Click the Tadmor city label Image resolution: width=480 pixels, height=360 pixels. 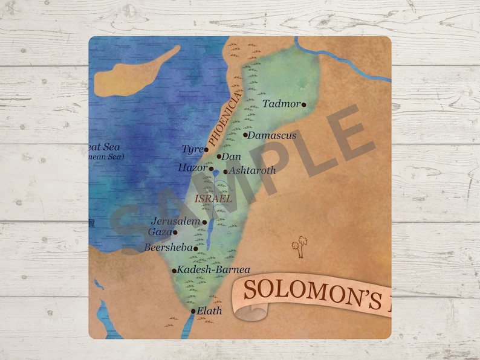coord(281,104)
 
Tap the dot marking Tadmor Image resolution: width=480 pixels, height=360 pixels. coord(303,104)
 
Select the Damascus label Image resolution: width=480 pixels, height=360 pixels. coord(273,135)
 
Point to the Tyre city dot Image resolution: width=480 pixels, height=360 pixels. coord(206,149)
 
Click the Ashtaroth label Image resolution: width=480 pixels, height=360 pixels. coord(252,170)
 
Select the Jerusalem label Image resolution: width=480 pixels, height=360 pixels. coord(176,221)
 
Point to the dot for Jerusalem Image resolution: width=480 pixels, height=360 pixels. coord(204,222)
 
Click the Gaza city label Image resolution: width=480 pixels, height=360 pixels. coord(160,231)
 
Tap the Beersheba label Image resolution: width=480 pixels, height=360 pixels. coord(167,247)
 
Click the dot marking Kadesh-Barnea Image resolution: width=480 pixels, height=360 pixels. coord(174,271)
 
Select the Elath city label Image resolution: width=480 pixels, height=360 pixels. coord(210,311)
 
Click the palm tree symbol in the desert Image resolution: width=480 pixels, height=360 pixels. coord(297,246)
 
